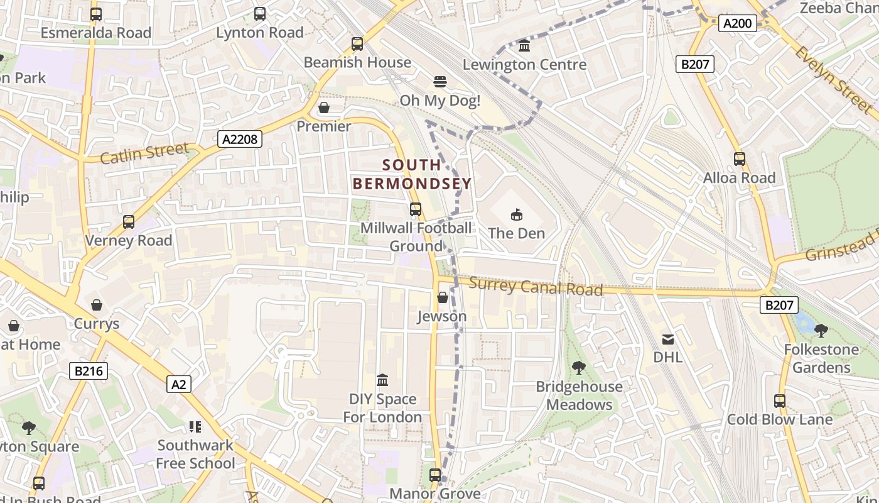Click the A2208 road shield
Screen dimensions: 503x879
click(x=240, y=139)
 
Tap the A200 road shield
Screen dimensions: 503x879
click(x=737, y=24)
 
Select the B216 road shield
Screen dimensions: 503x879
click(x=88, y=371)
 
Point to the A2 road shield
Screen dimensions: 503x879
click(x=179, y=384)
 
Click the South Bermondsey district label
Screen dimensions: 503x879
click(x=412, y=174)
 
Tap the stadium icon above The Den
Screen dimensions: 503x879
click(x=516, y=215)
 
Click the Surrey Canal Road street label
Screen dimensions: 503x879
click(x=536, y=287)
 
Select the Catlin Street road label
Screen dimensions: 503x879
click(x=144, y=153)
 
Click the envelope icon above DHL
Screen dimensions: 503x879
click(x=668, y=340)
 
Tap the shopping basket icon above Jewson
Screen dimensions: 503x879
click(x=442, y=297)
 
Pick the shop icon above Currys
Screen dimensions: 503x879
click(x=97, y=306)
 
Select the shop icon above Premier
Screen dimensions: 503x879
click(x=324, y=108)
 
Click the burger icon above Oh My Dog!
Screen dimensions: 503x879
click(x=440, y=82)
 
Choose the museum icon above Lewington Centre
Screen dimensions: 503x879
click(x=524, y=46)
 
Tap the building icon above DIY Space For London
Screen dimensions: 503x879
click(x=382, y=380)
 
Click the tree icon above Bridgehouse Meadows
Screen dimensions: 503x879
click(x=579, y=368)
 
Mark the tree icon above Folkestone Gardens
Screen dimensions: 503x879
click(x=821, y=330)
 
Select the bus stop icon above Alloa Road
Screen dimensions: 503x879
click(x=740, y=159)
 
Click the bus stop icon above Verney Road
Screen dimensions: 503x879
click(x=129, y=222)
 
